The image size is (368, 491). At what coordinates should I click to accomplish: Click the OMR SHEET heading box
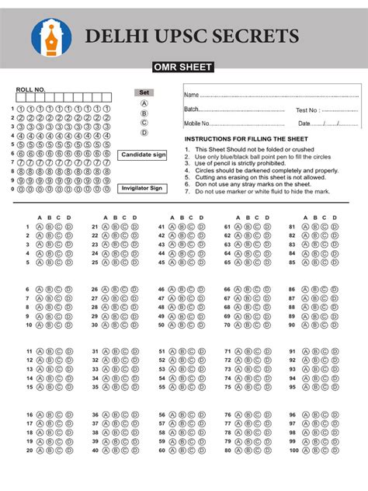tap(183, 68)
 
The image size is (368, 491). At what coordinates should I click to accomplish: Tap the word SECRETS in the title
tap(249, 36)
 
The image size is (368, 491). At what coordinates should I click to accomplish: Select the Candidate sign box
tap(144, 155)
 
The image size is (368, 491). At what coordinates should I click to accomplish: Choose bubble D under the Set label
tap(144, 133)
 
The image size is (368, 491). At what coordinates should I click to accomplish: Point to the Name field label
tap(192, 95)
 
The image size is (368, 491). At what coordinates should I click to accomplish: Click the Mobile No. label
tap(197, 124)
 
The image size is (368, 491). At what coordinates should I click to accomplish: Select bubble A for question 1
tap(39, 227)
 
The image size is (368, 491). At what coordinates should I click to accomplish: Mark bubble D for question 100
tap(335, 450)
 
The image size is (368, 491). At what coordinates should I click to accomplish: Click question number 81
tap(292, 227)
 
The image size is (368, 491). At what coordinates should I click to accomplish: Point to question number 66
tap(227, 289)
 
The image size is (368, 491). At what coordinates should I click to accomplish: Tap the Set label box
tap(144, 92)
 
